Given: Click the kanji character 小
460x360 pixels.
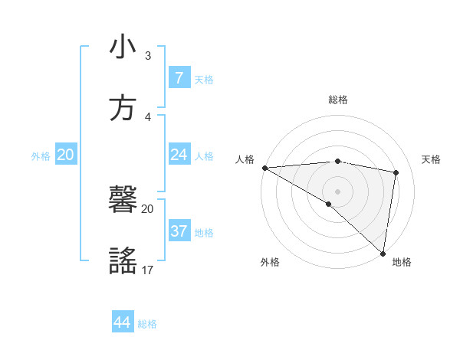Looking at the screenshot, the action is point(123,47).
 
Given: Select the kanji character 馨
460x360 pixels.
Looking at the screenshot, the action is point(123,201).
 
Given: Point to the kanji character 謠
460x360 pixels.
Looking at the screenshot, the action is point(123,260).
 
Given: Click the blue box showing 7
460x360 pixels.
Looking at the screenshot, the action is point(179,78).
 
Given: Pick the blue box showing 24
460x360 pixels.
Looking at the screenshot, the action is point(179,155).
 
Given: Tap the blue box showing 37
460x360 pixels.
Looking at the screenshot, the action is point(179,231).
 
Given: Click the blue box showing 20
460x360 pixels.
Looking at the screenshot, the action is point(65,155).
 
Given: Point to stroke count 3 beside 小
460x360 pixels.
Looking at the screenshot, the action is point(148,56).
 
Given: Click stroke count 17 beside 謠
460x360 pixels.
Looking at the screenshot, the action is point(148,270).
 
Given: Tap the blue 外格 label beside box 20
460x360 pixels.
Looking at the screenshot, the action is point(41,156).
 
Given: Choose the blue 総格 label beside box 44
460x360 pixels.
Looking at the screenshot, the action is point(147,324).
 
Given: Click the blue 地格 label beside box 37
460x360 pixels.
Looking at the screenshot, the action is point(204,233).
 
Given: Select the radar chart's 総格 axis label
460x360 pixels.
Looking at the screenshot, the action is point(337,100).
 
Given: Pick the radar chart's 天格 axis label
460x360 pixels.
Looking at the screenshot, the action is point(432,159).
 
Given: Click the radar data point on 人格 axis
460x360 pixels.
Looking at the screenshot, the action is point(264,168).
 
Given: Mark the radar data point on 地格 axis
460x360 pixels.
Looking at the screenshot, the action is point(383,253).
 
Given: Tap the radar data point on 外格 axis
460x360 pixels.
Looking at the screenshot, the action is point(328,204).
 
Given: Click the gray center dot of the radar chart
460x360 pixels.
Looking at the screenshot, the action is point(337,191).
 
